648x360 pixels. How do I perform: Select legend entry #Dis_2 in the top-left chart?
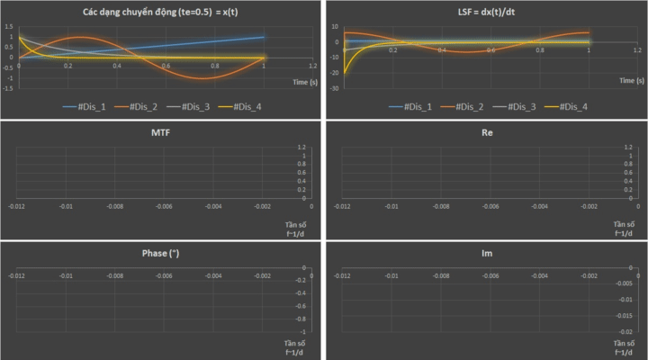pos(139,107)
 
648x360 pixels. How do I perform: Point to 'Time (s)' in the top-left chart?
pos(305,79)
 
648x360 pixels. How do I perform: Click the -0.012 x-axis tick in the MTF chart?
pos(17,206)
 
